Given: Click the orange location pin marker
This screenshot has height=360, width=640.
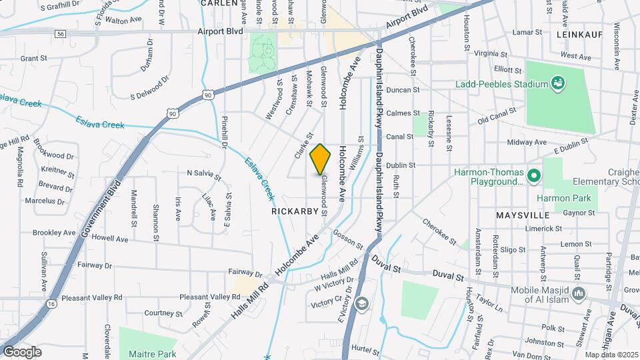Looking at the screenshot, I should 321,159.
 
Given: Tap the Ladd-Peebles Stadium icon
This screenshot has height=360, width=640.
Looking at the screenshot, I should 557,83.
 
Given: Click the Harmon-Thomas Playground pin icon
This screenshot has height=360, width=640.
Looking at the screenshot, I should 533,176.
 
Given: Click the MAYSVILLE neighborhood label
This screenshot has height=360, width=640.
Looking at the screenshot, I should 523,215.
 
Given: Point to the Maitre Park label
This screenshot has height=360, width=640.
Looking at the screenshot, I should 154,354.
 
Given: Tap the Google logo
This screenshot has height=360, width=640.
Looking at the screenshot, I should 21,351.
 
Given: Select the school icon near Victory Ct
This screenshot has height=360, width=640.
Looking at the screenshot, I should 361,304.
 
